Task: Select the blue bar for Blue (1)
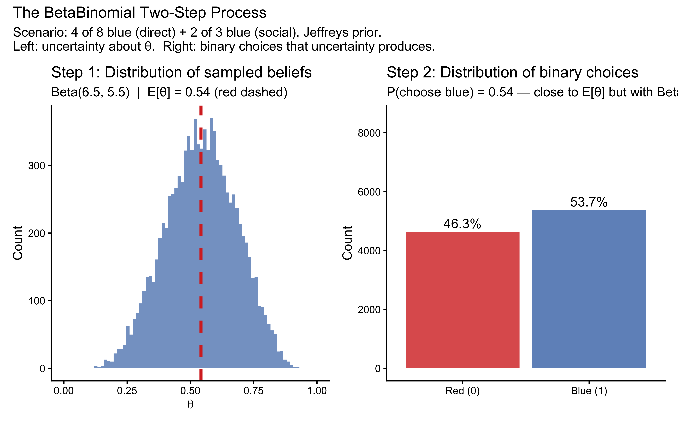click(589, 289)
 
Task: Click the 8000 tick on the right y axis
click(369, 133)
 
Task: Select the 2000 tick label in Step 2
click(369, 310)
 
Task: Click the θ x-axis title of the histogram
click(190, 404)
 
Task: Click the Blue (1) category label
click(589, 391)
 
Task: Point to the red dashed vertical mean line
click(201, 252)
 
